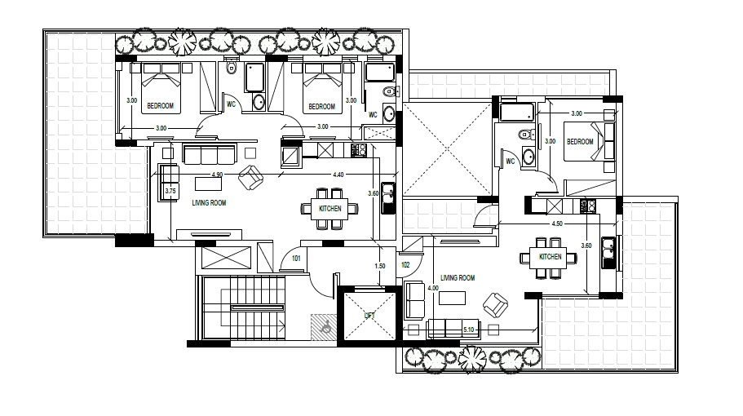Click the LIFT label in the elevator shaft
click(369, 316)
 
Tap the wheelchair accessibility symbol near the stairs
click(326, 326)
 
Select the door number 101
click(296, 259)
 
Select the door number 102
click(405, 265)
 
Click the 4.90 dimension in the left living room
click(217, 175)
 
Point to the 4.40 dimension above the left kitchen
click(338, 175)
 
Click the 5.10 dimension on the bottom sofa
click(469, 330)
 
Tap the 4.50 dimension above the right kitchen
click(557, 223)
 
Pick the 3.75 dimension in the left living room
click(170, 192)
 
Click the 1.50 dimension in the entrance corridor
click(380, 266)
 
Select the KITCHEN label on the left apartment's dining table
click(329, 209)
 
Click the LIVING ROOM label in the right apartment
click(458, 278)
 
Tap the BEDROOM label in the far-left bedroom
click(160, 106)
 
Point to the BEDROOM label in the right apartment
click(580, 142)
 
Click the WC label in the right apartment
click(511, 161)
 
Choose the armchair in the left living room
click(250, 178)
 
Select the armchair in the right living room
click(496, 304)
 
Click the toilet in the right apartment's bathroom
click(525, 135)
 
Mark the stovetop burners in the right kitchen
click(588, 206)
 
